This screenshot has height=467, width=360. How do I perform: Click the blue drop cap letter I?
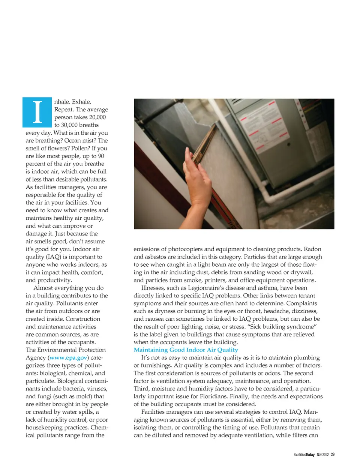pyautogui.click(x=37, y=112)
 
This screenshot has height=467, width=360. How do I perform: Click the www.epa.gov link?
pyautogui.click(x=68, y=358)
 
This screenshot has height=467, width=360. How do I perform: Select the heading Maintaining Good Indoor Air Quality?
pyautogui.click(x=186, y=350)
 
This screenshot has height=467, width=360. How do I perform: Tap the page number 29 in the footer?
pyautogui.click(x=333, y=455)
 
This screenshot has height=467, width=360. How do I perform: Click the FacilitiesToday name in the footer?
pyautogui.click(x=304, y=455)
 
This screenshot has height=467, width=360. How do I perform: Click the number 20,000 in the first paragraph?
pyautogui.click(x=97, y=117)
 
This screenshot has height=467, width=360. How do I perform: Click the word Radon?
pyautogui.click(x=312, y=249)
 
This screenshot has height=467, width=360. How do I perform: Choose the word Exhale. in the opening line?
pyautogui.click(x=81, y=102)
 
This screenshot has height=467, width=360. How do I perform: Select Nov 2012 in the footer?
pyautogui.click(x=322, y=455)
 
